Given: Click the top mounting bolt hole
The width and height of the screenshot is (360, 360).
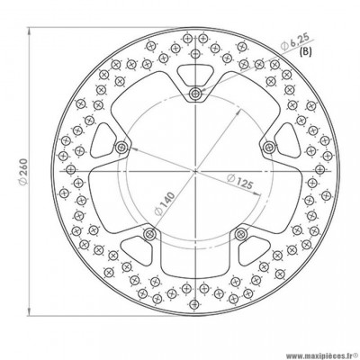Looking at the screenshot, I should [x=194, y=94].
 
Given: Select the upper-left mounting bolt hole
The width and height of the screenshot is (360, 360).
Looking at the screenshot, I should [x=121, y=147].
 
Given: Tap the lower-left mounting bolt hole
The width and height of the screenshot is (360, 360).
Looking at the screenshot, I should [x=149, y=233].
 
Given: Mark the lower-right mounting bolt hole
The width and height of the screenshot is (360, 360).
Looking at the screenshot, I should [x=239, y=233].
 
